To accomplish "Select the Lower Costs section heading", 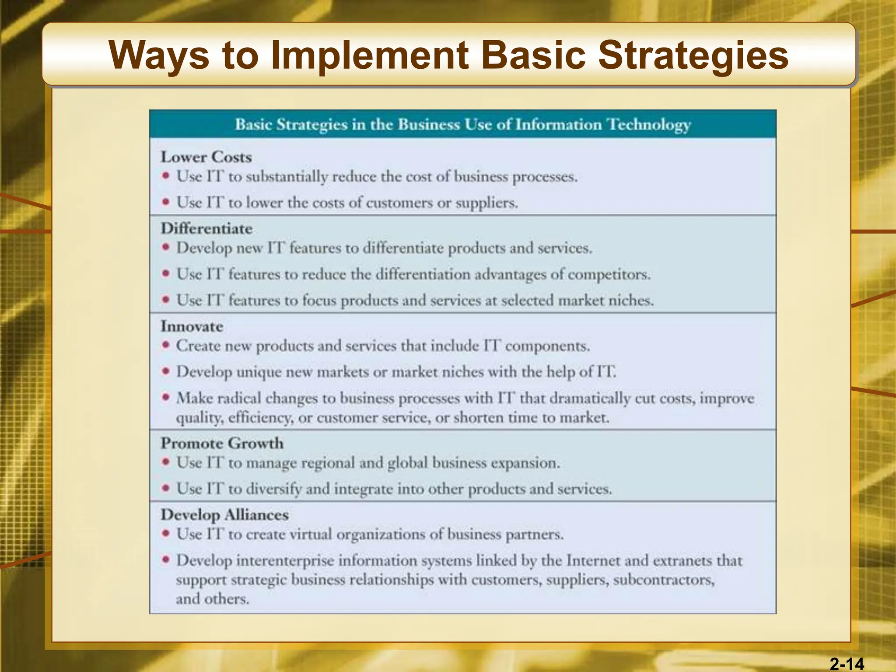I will pos(206,157).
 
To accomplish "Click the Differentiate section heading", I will pos(206,229).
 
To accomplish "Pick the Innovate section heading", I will pos(192,326).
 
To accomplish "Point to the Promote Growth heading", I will pos(222,443).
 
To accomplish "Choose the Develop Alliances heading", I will pos(224,515).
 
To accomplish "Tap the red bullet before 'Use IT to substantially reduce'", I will pos(165,176).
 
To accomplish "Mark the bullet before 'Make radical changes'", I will pos(165,397).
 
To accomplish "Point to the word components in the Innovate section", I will pos(547,346).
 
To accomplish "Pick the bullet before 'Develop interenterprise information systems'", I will pos(165,560).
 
